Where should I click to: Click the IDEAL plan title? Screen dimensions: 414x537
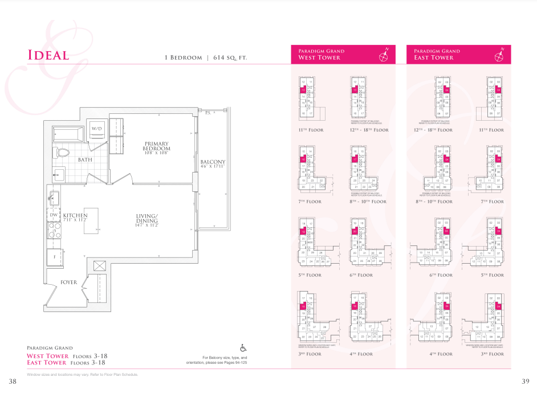tap(48, 55)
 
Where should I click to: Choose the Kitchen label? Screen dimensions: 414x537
tap(75, 216)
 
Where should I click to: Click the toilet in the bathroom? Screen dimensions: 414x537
tap(62, 153)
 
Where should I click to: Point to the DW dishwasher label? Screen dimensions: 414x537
tap(54, 215)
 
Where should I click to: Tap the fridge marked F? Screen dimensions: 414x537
tap(55, 257)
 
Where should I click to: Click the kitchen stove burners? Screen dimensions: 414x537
tap(54, 231)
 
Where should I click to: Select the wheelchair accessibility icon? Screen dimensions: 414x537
tap(243, 348)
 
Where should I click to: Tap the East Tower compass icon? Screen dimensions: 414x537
tap(499, 55)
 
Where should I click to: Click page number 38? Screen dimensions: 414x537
tap(13, 381)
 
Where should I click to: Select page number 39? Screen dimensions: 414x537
tap(525, 381)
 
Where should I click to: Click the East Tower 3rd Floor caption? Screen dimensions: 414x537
tap(493, 354)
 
